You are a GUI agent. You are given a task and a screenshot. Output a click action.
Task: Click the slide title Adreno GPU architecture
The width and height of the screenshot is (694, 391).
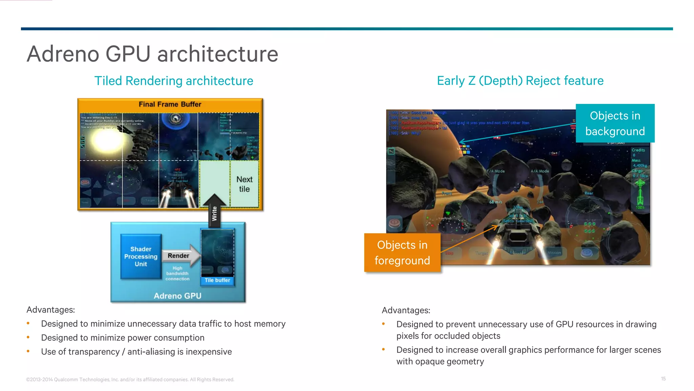click(152, 54)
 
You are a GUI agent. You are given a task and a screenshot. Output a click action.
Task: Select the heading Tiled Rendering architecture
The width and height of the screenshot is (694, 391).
click(173, 81)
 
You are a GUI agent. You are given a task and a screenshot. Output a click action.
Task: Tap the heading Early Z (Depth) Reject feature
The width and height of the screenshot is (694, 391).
click(520, 81)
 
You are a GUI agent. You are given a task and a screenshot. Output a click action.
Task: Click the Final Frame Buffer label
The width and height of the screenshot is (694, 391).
click(170, 104)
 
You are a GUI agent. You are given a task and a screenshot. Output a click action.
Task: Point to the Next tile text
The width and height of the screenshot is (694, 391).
click(244, 184)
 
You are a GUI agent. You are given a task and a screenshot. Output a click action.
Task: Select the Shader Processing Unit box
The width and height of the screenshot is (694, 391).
click(141, 257)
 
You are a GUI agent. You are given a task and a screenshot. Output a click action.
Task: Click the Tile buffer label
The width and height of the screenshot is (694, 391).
click(217, 280)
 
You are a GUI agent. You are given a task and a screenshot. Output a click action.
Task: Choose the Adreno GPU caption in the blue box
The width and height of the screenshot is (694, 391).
click(177, 296)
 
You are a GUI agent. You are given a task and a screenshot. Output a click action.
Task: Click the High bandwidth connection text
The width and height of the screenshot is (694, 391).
click(177, 274)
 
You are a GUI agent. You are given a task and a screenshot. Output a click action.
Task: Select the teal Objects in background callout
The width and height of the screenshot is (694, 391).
click(615, 123)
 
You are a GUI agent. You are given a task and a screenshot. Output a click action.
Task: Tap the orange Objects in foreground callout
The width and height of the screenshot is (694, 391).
click(402, 253)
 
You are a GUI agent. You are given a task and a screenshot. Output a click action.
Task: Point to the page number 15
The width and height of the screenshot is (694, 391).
click(663, 378)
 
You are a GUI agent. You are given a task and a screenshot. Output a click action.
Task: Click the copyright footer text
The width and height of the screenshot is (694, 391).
click(130, 379)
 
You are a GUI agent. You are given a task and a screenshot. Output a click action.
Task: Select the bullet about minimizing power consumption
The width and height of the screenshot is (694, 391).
click(123, 338)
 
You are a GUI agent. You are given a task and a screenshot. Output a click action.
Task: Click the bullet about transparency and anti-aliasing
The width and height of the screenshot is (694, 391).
click(136, 352)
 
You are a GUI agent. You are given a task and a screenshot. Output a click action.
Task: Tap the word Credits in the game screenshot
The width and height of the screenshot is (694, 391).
click(638, 150)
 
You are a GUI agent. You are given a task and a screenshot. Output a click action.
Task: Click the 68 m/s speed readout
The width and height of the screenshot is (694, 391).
click(495, 202)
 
